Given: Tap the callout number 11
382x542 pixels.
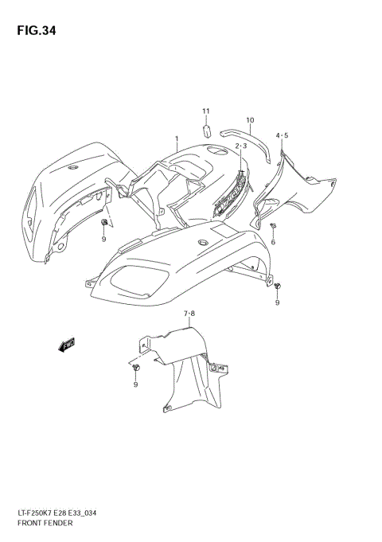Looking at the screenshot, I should [x=205, y=111].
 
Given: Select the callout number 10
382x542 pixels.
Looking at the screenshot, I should [x=249, y=121].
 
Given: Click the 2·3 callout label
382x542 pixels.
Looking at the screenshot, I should [x=240, y=146].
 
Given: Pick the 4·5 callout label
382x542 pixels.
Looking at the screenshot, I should [x=283, y=136].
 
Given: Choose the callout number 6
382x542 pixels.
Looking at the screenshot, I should [x=273, y=241].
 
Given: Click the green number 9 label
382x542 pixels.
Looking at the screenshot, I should [x=103, y=238].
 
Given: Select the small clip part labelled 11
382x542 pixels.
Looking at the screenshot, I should [x=205, y=128].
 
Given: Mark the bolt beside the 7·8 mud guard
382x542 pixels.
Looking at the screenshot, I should [x=135, y=368].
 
